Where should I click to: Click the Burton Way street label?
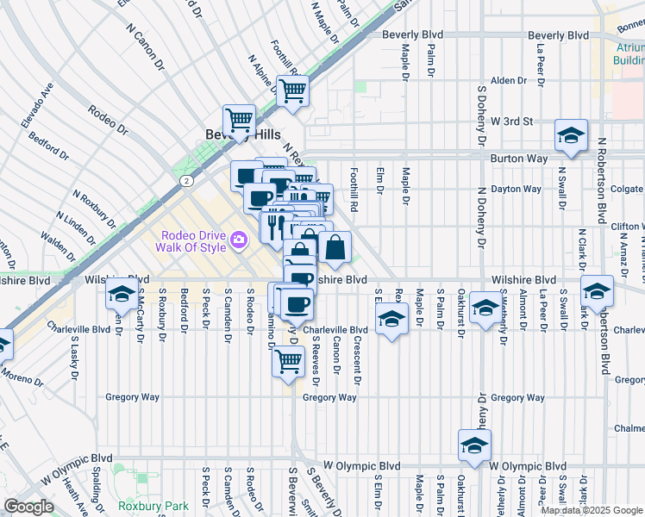tap(519, 159)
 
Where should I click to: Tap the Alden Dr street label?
tap(508, 80)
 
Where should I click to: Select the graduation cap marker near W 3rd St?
tap(571, 136)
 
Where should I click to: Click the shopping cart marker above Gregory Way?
tap(288, 361)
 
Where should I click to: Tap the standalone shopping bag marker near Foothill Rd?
tap(335, 248)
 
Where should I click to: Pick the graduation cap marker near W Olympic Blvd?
tap(474, 445)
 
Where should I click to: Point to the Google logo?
tap(28, 507)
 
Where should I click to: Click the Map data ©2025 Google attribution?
tap(592, 510)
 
